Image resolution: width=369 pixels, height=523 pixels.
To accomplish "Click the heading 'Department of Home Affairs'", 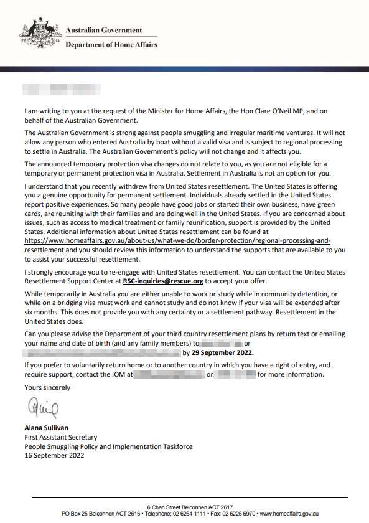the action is click(x=111, y=45).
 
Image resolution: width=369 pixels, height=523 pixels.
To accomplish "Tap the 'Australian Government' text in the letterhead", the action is click(x=104, y=30).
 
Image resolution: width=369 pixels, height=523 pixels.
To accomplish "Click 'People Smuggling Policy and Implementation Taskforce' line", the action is click(x=108, y=446).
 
